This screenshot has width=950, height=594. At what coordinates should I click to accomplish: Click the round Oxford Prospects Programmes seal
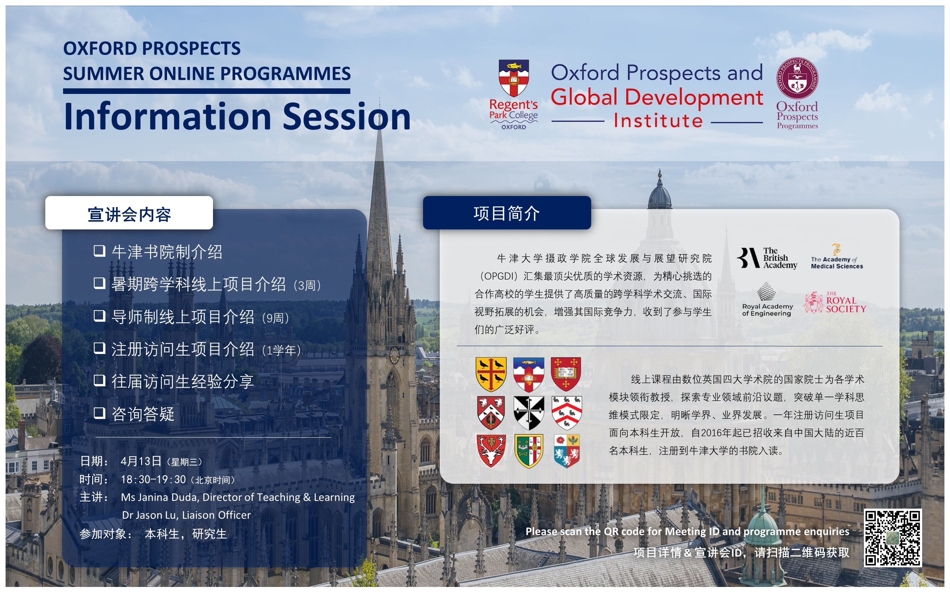tap(797, 78)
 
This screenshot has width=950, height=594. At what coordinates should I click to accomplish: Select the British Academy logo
tap(767, 258)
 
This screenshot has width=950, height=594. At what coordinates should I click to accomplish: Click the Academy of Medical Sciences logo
tap(837, 257)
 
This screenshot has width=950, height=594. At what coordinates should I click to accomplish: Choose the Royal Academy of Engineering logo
tap(767, 299)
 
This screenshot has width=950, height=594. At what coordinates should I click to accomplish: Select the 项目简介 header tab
tap(507, 212)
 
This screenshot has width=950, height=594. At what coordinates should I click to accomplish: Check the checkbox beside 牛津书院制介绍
tap(99, 251)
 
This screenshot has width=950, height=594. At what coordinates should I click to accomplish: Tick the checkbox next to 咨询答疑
tap(99, 413)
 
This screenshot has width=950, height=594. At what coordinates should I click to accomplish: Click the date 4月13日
tap(141, 461)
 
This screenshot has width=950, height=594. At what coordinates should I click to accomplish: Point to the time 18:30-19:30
tap(153, 480)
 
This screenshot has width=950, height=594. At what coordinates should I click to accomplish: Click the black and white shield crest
tap(529, 412)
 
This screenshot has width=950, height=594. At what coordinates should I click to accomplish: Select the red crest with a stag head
tap(491, 451)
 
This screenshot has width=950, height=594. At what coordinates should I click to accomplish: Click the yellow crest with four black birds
tap(491, 374)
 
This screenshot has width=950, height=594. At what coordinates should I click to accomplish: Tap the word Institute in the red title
tap(658, 121)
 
